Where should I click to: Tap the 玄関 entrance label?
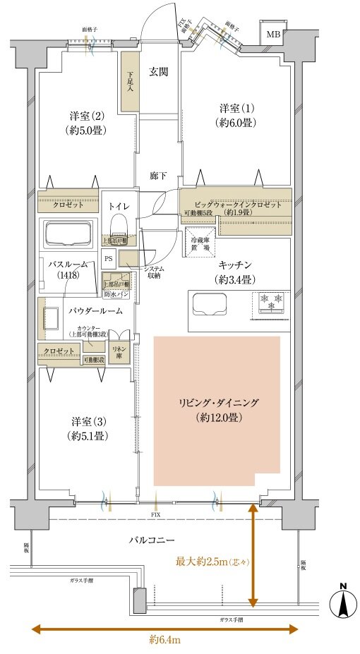[157, 71]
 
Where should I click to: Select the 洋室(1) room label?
[236, 115]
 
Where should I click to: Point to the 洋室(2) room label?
[88, 121]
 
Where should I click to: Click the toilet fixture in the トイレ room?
[119, 226]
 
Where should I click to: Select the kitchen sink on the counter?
[208, 305]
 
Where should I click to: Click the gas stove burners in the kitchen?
[272, 301]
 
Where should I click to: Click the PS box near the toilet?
[108, 258]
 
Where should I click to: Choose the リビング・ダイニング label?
[217, 410]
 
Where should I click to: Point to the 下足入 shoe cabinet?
[129, 81]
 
